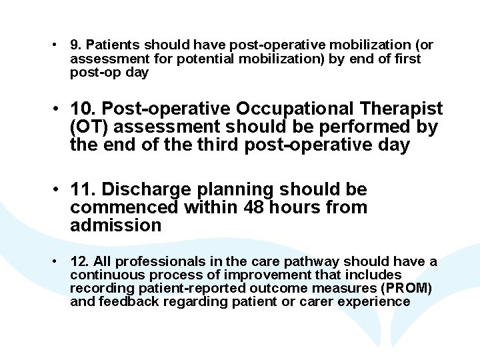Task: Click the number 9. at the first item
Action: click(x=76, y=45)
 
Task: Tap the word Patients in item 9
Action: click(x=111, y=45)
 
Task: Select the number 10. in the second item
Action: click(x=85, y=109)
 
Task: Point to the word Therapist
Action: click(x=402, y=109)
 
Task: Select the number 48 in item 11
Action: click(x=255, y=208)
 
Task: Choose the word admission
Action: click(x=115, y=226)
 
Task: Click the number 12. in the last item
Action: click(x=79, y=262)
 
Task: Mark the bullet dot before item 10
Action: click(x=59, y=109)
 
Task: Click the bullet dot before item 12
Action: click(x=59, y=262)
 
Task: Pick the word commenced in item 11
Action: click(x=123, y=208)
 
